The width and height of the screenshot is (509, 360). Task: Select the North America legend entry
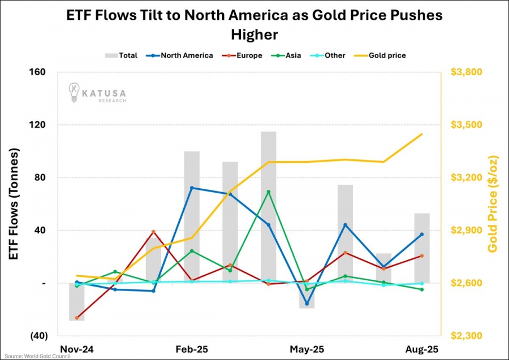click(x=180, y=55)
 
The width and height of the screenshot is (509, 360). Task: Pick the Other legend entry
click(x=329, y=55)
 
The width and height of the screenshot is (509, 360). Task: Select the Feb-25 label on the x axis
click(x=192, y=350)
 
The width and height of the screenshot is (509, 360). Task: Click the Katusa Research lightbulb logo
click(x=74, y=92)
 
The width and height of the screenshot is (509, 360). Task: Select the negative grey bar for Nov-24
click(x=77, y=302)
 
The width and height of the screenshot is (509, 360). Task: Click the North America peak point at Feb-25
click(x=192, y=188)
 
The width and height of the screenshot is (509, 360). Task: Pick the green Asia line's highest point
click(x=269, y=192)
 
